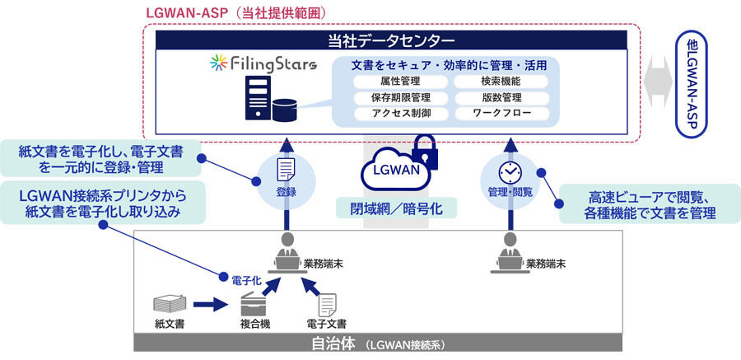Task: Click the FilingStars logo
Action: (x=263, y=64)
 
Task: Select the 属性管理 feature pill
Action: (x=400, y=82)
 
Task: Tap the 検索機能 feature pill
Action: (x=501, y=82)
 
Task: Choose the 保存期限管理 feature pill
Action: (x=400, y=98)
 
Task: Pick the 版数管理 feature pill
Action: (x=501, y=98)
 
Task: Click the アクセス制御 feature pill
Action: (x=400, y=114)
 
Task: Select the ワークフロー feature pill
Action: (x=501, y=114)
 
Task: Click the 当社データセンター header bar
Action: (x=391, y=40)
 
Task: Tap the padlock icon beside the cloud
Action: (x=425, y=152)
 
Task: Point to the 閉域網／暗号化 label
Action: (x=396, y=208)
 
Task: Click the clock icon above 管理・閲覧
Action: (x=509, y=172)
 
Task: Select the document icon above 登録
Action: (x=286, y=170)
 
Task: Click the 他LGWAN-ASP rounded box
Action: (x=692, y=85)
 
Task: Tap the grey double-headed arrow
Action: (x=659, y=82)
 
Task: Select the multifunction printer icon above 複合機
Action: (x=253, y=305)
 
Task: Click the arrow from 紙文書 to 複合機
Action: (x=210, y=304)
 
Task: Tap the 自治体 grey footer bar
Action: (x=378, y=344)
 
